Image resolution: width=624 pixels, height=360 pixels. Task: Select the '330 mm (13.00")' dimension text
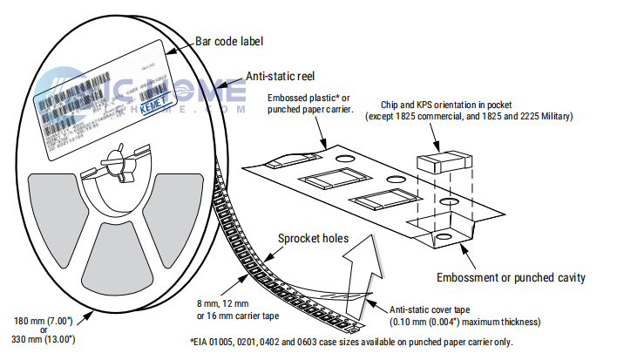[x=42, y=339]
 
